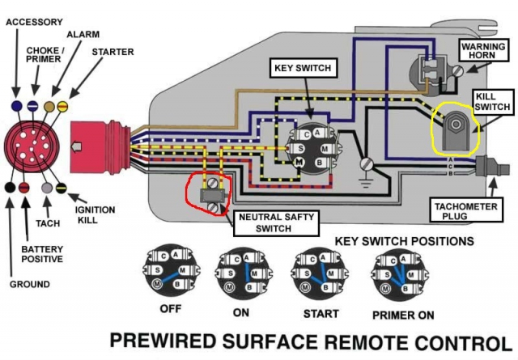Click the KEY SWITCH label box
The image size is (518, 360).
coord(304,69)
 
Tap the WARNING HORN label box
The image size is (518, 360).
coord(483,50)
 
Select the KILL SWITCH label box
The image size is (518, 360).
coord(493,102)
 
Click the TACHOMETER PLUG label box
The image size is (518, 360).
coord(466,211)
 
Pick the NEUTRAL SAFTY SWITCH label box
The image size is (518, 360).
coord(276,223)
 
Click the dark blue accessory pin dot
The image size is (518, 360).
coord(16,106)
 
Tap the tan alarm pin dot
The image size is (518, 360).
coord(49,106)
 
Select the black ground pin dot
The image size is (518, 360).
coord(10,187)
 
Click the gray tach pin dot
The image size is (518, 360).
coord(47,188)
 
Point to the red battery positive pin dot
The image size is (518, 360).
coord(23,188)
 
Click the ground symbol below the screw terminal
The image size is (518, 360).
coord(366,182)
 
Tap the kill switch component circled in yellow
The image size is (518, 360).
coord(455,129)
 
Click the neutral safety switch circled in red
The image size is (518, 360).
coord(210,195)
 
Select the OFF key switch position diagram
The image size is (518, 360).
coord(171,272)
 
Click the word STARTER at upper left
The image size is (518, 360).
coord(113,52)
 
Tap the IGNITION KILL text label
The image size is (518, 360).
coord(95,214)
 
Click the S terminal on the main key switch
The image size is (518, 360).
coord(300,149)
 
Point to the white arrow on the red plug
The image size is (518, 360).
coord(77,146)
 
